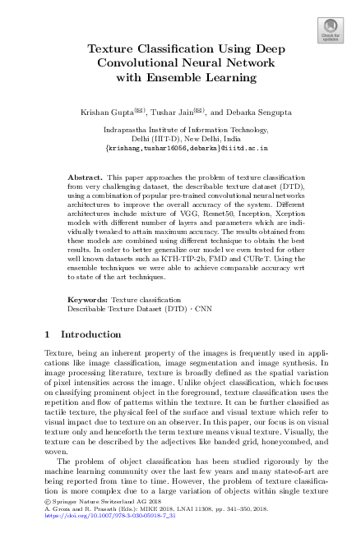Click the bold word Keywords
click(87, 301)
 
